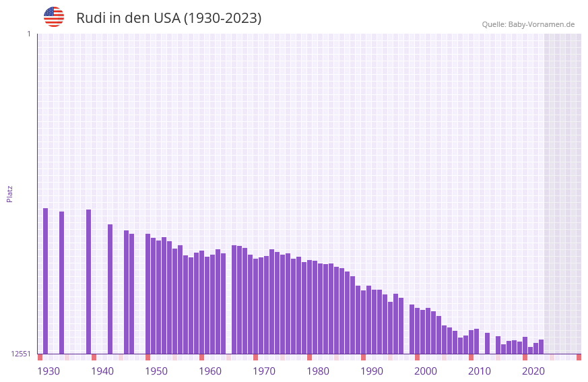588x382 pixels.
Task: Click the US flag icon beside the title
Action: [54, 17]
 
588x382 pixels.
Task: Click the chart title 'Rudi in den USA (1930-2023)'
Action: [168, 18]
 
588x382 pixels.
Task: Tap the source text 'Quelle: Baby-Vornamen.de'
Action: [528, 24]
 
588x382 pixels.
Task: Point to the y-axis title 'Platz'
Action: [9, 193]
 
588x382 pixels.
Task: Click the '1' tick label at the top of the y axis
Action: [28, 34]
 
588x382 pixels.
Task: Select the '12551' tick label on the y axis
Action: [20, 354]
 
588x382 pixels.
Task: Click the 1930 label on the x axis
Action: [48, 371]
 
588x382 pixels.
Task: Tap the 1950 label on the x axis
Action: [156, 371]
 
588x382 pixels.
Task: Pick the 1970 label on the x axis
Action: [264, 371]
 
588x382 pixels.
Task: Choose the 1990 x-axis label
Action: [372, 371]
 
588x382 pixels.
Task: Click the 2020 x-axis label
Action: [533, 371]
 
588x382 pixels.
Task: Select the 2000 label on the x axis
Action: [426, 371]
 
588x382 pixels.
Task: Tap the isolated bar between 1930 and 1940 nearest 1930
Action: [62, 283]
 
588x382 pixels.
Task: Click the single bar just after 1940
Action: [110, 289]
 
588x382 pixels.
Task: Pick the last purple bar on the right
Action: [541, 346]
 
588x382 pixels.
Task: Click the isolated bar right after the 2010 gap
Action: [487, 343]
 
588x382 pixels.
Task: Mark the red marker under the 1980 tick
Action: [309, 357]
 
